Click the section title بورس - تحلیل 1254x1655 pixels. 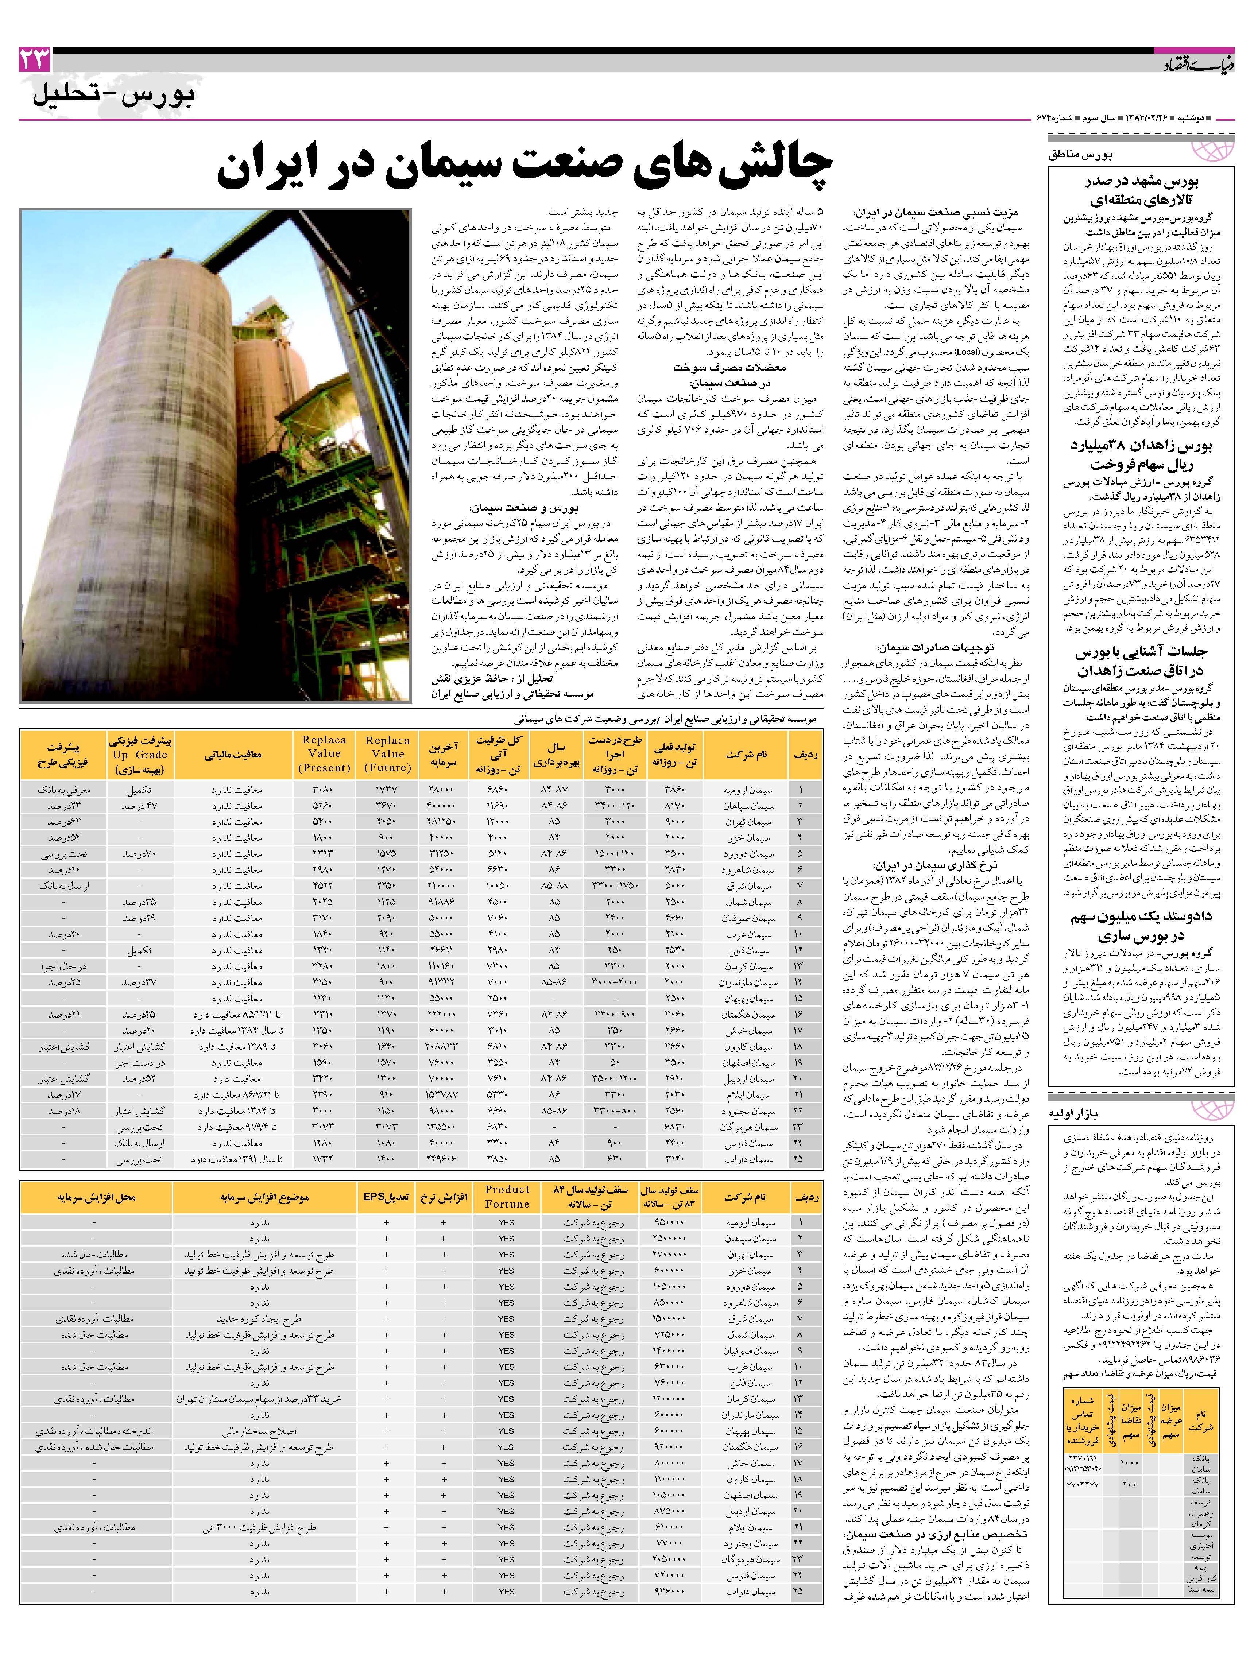(x=114, y=96)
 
